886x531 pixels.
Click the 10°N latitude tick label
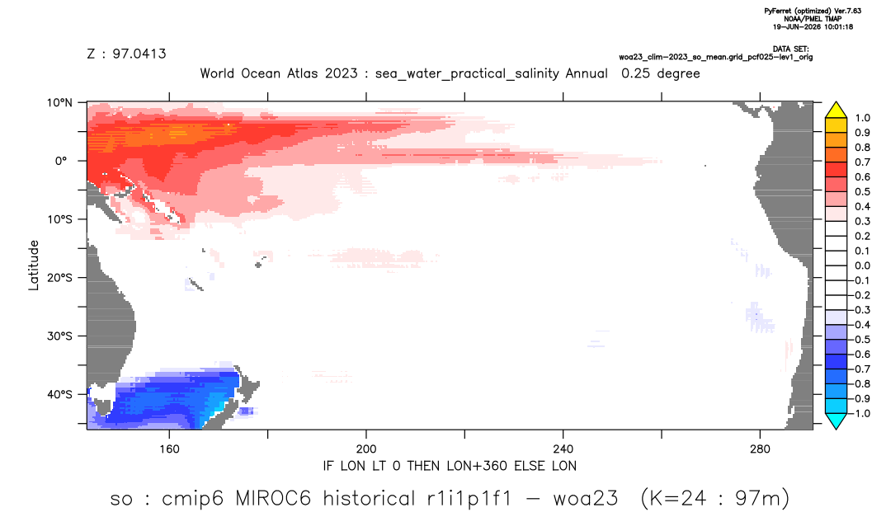[59, 102]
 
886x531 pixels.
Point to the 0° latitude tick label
[61, 161]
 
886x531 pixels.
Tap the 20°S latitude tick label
[59, 278]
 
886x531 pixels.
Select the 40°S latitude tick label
[59, 394]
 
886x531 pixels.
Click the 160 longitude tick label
[169, 449]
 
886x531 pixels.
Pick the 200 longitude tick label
[366, 449]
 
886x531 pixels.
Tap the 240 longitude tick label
[563, 449]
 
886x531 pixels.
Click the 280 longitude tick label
[760, 449]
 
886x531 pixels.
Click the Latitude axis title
[34, 265]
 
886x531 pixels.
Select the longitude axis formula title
[450, 466]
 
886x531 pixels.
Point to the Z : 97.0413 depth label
[126, 54]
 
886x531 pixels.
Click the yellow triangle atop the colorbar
[836, 110]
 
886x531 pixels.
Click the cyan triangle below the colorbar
[836, 421]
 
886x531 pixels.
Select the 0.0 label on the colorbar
[862, 265]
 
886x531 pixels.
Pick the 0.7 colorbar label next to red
[862, 162]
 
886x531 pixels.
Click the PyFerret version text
[813, 11]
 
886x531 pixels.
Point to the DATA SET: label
[790, 49]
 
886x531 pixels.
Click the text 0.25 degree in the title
[661, 73]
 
